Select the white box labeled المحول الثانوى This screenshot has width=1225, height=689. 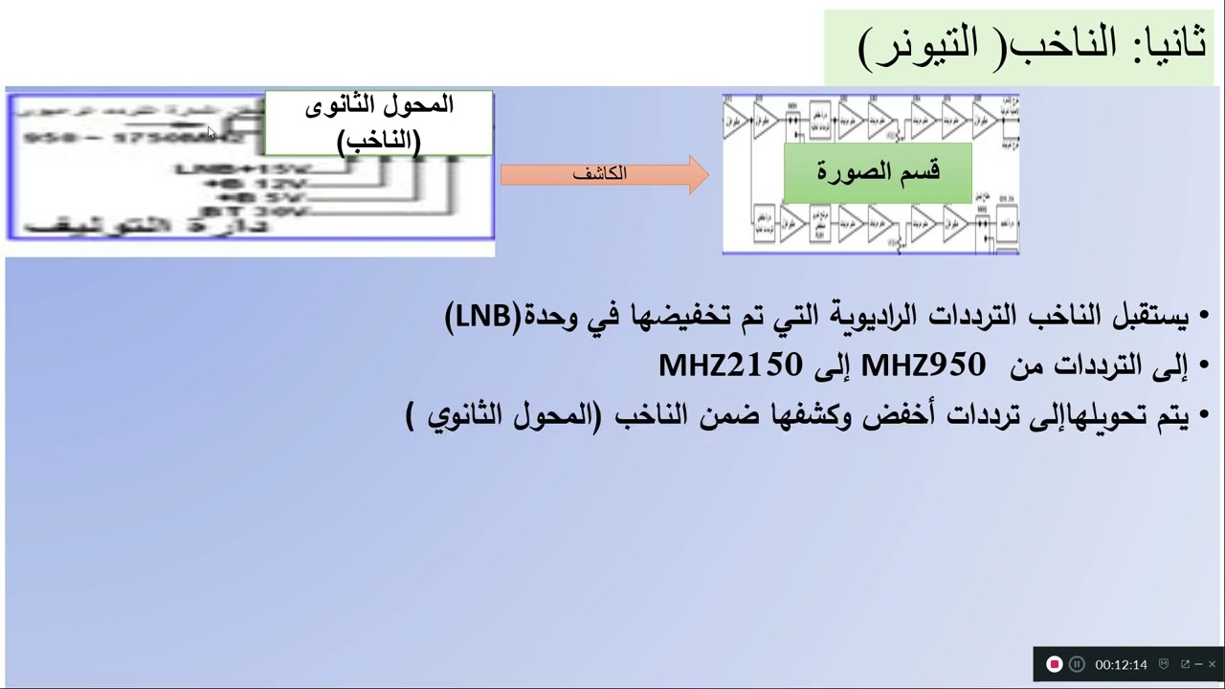point(379,122)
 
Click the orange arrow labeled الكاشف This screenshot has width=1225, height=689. point(603,174)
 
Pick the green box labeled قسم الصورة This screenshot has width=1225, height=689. point(878,172)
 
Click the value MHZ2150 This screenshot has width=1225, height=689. point(729,365)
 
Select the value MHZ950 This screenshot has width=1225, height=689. point(923,365)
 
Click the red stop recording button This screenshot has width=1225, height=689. point(1054,664)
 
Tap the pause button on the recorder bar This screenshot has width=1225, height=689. point(1077,664)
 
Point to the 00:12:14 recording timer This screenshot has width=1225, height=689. point(1121,664)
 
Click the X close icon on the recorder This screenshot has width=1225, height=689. point(1212,664)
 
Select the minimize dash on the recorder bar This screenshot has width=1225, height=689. point(1199,664)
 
